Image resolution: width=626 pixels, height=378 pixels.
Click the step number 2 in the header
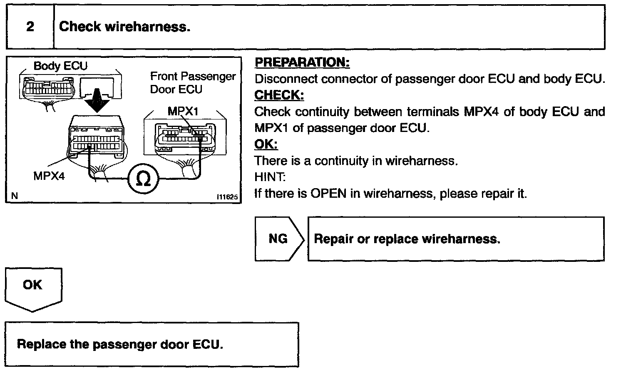(x=30, y=27)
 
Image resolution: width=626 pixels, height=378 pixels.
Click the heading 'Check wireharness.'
(x=124, y=27)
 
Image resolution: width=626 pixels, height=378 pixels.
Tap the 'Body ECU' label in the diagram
(x=60, y=66)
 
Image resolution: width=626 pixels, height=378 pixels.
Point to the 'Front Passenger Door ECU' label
(x=192, y=83)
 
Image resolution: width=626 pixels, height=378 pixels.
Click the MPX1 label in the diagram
(x=183, y=111)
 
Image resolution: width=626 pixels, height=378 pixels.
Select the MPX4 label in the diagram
(x=49, y=176)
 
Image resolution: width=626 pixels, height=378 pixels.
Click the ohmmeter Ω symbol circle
(x=143, y=179)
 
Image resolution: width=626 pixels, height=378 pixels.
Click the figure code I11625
(x=227, y=197)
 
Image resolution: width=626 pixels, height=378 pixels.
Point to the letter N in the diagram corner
(x=15, y=196)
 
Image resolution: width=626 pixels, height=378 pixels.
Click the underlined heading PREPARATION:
(x=302, y=62)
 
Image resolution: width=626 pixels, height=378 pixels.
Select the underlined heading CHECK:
(x=279, y=95)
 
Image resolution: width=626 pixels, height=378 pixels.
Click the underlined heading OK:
(x=266, y=144)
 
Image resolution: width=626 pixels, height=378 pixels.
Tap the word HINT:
(x=270, y=177)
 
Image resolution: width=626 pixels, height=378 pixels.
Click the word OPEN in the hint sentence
(x=328, y=194)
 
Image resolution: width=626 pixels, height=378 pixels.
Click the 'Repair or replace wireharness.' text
(x=407, y=239)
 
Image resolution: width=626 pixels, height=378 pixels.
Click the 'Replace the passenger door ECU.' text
(x=120, y=344)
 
